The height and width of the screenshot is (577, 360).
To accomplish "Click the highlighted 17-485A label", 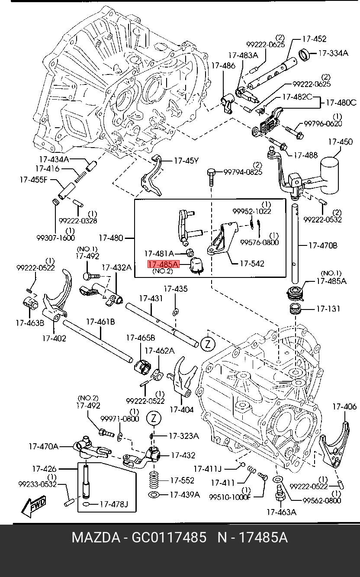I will (x=163, y=264).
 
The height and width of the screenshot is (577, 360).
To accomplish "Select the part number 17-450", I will (x=340, y=142).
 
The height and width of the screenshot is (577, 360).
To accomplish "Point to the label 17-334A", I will (x=333, y=53).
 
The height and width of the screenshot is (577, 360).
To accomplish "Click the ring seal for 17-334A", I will (x=305, y=55).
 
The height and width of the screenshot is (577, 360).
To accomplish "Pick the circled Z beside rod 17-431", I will (x=208, y=345).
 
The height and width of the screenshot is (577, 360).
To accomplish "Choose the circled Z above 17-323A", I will (x=154, y=419).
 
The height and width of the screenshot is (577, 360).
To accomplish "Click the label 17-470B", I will (x=322, y=245).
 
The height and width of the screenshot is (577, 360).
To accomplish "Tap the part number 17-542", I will (x=251, y=263).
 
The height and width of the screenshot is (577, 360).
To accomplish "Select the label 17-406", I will (x=344, y=406).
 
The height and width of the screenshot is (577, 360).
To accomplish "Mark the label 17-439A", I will (x=184, y=494).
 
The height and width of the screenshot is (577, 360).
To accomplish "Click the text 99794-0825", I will (x=243, y=172).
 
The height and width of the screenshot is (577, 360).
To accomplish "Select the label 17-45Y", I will (x=186, y=161).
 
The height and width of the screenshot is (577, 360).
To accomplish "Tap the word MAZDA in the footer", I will (x=96, y=538).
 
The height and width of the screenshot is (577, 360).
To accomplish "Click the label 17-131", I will (x=328, y=309).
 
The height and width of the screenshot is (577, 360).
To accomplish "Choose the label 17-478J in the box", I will (x=114, y=504).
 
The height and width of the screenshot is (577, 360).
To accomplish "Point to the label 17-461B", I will (x=100, y=322).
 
